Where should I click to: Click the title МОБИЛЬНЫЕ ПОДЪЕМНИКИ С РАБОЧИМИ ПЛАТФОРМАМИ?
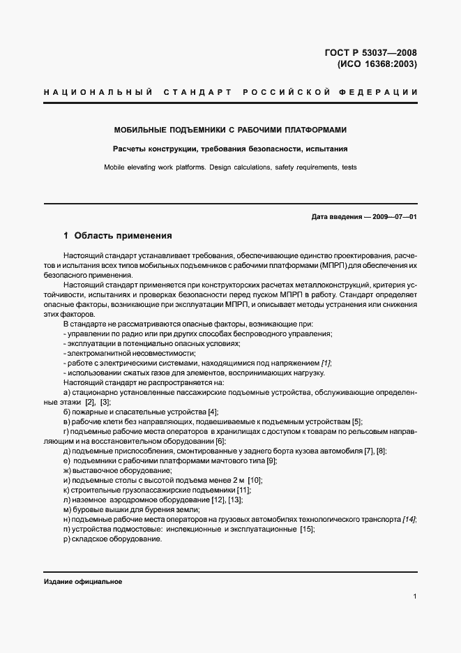[230, 130]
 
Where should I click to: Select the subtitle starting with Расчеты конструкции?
[230, 149]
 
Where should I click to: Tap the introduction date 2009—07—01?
[393, 217]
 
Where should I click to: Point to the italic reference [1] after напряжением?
[326, 363]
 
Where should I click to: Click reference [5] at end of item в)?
[357, 421]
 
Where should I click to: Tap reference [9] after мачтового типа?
[272, 460]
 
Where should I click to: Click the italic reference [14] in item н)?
[409, 519]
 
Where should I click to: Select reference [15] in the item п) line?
[307, 529]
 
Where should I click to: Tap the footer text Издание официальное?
[83, 582]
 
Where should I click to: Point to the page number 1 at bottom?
[414, 596]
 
